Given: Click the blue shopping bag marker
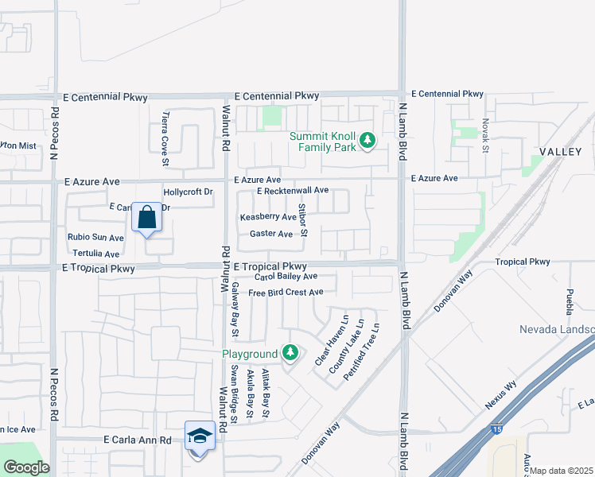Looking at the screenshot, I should (148, 217).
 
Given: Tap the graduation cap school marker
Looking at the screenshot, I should (200, 436).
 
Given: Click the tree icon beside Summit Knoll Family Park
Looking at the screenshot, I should (367, 141).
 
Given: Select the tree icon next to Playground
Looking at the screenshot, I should (290, 352).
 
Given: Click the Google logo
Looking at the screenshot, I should (25, 467).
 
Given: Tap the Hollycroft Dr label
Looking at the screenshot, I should (188, 192).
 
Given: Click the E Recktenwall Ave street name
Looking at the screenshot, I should (293, 191).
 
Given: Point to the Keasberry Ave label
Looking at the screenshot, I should (268, 217).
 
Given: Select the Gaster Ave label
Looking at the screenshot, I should (271, 234).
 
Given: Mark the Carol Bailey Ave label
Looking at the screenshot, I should (286, 277).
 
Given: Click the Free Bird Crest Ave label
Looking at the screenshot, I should (286, 293).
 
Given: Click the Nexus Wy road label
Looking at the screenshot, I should (500, 394).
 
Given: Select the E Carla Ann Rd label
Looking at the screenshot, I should (138, 440).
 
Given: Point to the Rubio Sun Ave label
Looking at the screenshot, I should (95, 237).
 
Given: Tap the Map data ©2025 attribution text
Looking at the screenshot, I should (562, 471).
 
